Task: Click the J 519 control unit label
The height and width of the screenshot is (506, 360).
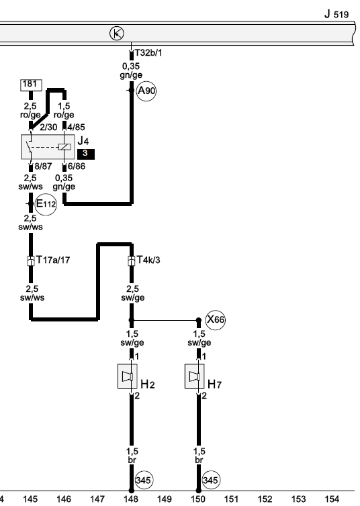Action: [336, 14]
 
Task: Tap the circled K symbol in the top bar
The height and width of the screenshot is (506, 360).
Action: [117, 34]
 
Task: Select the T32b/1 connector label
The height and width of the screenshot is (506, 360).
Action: [148, 52]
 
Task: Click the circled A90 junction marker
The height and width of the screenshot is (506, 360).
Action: [146, 91]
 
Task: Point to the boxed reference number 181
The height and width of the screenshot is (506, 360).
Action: [31, 85]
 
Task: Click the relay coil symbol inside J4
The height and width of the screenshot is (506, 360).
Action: [64, 147]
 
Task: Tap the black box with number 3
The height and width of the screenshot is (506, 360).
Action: [85, 154]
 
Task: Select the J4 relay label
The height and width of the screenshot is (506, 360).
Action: [83, 141]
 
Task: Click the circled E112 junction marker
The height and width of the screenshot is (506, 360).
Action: [46, 204]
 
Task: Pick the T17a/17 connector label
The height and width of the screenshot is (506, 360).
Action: [53, 260]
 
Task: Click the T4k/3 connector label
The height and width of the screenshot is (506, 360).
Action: [148, 260]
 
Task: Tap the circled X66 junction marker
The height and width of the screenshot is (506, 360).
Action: [216, 320]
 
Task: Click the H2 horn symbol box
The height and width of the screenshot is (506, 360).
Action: [128, 376]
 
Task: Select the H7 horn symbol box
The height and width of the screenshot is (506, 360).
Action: [195, 376]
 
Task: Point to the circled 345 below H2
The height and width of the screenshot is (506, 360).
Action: [143, 480]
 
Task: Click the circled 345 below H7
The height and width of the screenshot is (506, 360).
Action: [210, 480]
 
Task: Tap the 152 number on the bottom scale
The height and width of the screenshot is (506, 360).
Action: [265, 499]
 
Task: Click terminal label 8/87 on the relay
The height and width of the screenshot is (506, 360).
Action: [43, 166]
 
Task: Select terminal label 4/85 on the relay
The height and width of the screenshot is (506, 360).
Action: [76, 127]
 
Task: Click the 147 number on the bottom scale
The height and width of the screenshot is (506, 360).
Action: [97, 499]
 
